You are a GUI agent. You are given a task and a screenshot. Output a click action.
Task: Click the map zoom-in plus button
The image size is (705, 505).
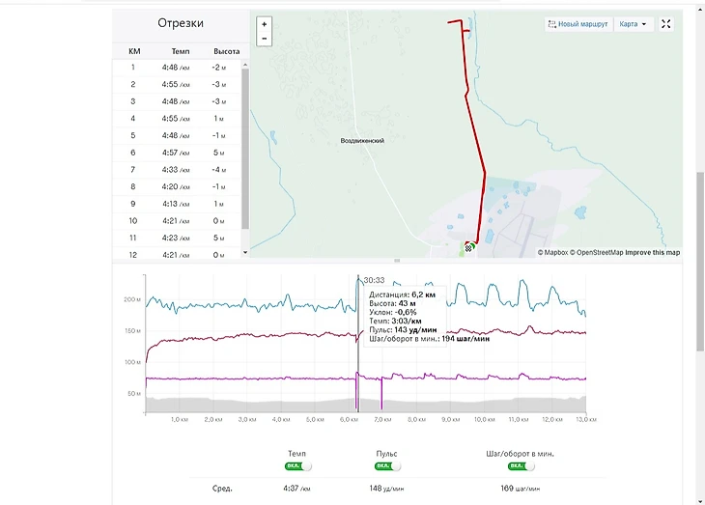pyautogui.click(x=265, y=23)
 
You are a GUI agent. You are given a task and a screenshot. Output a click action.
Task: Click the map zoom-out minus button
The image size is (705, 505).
pyautogui.click(x=265, y=39)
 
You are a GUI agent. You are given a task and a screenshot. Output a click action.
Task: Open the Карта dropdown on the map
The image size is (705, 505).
pyautogui.click(x=634, y=24)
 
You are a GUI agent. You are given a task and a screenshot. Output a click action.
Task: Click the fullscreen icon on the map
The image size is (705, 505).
pyautogui.click(x=666, y=24)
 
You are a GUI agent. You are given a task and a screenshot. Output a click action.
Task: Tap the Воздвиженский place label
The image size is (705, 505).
pyautogui.click(x=362, y=141)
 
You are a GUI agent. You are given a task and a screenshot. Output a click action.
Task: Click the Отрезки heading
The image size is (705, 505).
pyautogui.click(x=181, y=23)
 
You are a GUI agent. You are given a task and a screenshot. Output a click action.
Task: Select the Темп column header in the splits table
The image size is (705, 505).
pyautogui.click(x=181, y=51)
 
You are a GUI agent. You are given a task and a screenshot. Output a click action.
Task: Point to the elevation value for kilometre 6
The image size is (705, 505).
pyautogui.click(x=218, y=153)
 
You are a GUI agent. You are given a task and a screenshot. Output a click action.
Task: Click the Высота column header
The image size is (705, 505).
pyautogui.click(x=226, y=51)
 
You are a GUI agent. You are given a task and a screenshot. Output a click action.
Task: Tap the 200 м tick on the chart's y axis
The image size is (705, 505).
pyautogui.click(x=132, y=300)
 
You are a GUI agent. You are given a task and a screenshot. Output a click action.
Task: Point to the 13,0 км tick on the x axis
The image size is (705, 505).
pyautogui.click(x=585, y=420)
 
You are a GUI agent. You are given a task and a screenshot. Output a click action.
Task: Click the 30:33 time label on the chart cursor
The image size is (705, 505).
pyautogui.click(x=373, y=280)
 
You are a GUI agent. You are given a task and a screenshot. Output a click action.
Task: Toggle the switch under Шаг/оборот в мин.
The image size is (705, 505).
pyautogui.click(x=521, y=466)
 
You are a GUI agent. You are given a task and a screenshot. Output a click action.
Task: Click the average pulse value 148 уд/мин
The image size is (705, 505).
pyautogui.click(x=386, y=489)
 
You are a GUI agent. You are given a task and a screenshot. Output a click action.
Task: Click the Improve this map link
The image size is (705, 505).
pyautogui.click(x=652, y=253)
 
